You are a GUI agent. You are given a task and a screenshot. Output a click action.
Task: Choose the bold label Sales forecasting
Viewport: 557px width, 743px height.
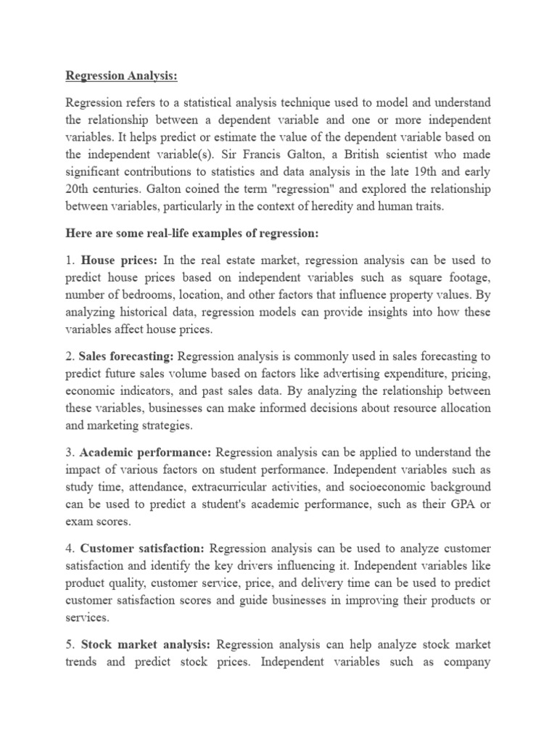[x=127, y=356]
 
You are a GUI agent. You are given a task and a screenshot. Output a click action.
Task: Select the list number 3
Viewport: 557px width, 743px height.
[x=69, y=453]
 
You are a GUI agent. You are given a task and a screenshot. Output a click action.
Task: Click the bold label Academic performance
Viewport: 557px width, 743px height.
[x=147, y=453]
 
